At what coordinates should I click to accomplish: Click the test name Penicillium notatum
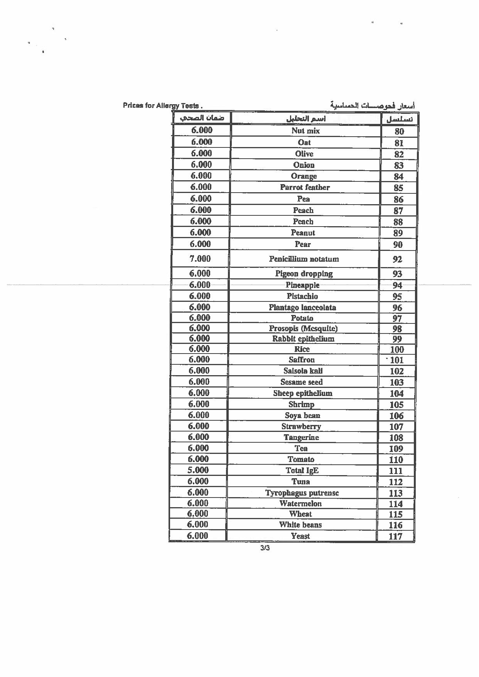coord(304,259)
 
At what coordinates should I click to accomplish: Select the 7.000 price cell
coord(200,259)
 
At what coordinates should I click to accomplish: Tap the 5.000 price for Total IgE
coord(198,470)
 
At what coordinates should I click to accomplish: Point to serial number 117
coord(396,536)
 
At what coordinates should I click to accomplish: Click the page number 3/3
coord(265,548)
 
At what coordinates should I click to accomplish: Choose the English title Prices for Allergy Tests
coord(162,105)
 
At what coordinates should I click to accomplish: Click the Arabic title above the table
coord(373,105)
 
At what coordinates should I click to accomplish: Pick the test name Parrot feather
coord(305,188)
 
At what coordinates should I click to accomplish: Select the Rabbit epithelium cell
coord(303,339)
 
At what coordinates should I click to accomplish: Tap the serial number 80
coord(399,131)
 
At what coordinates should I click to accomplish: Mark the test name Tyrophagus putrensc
coord(302,493)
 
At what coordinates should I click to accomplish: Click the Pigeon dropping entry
coord(304,274)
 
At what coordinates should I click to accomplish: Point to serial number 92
coord(397,259)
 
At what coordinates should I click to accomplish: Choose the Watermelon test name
coord(300,504)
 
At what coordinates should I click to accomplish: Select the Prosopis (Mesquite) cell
coord(303,328)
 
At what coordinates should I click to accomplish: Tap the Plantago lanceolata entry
coord(302,308)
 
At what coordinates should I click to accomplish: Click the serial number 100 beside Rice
coord(397,350)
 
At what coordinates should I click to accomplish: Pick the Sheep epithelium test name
coord(302,393)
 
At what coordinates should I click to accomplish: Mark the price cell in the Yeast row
coord(197,536)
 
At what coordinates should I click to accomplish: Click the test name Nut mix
coord(305,131)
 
